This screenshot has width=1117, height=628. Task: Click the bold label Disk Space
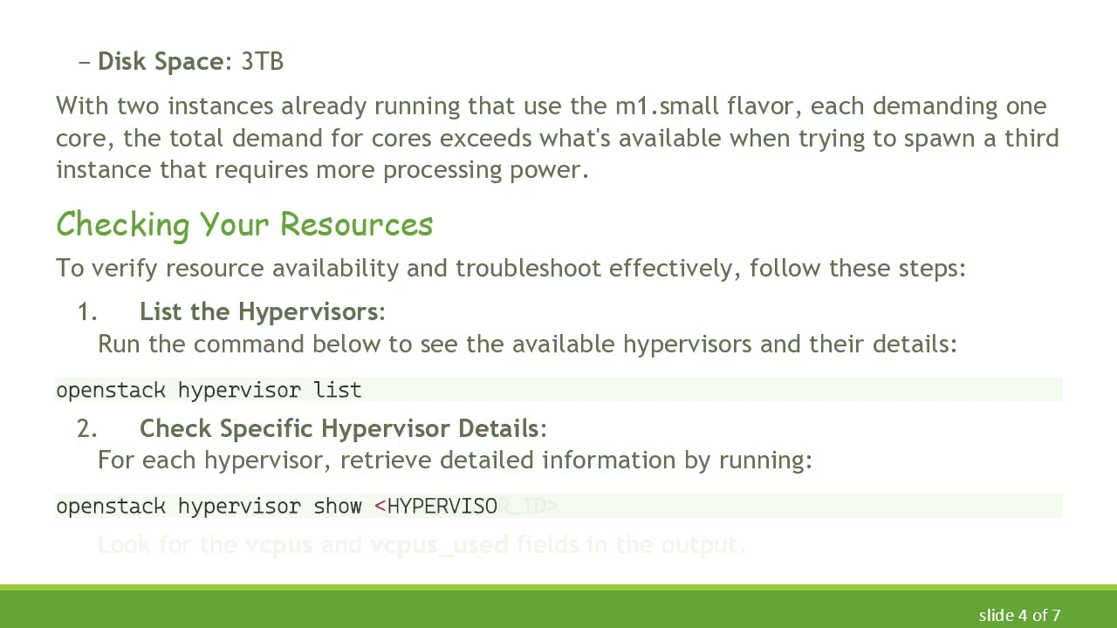pos(161,62)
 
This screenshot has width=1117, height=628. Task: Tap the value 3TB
pos(262,62)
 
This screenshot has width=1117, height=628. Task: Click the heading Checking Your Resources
pos(244,224)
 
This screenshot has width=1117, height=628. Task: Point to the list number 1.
pos(87,312)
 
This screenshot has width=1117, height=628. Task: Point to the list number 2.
pos(87,429)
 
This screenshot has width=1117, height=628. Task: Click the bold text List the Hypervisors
pos(259,312)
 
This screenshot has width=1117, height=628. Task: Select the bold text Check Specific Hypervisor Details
pos(339,429)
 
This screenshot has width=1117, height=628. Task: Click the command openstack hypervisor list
pos(209,390)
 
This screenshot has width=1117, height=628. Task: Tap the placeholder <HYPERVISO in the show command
pos(436,507)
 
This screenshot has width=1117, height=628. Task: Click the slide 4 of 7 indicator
pos(1019,616)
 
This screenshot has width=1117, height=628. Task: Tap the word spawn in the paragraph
pos(936,139)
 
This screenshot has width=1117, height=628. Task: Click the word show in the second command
pos(338,507)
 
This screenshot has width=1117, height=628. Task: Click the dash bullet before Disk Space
pos(85,62)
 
